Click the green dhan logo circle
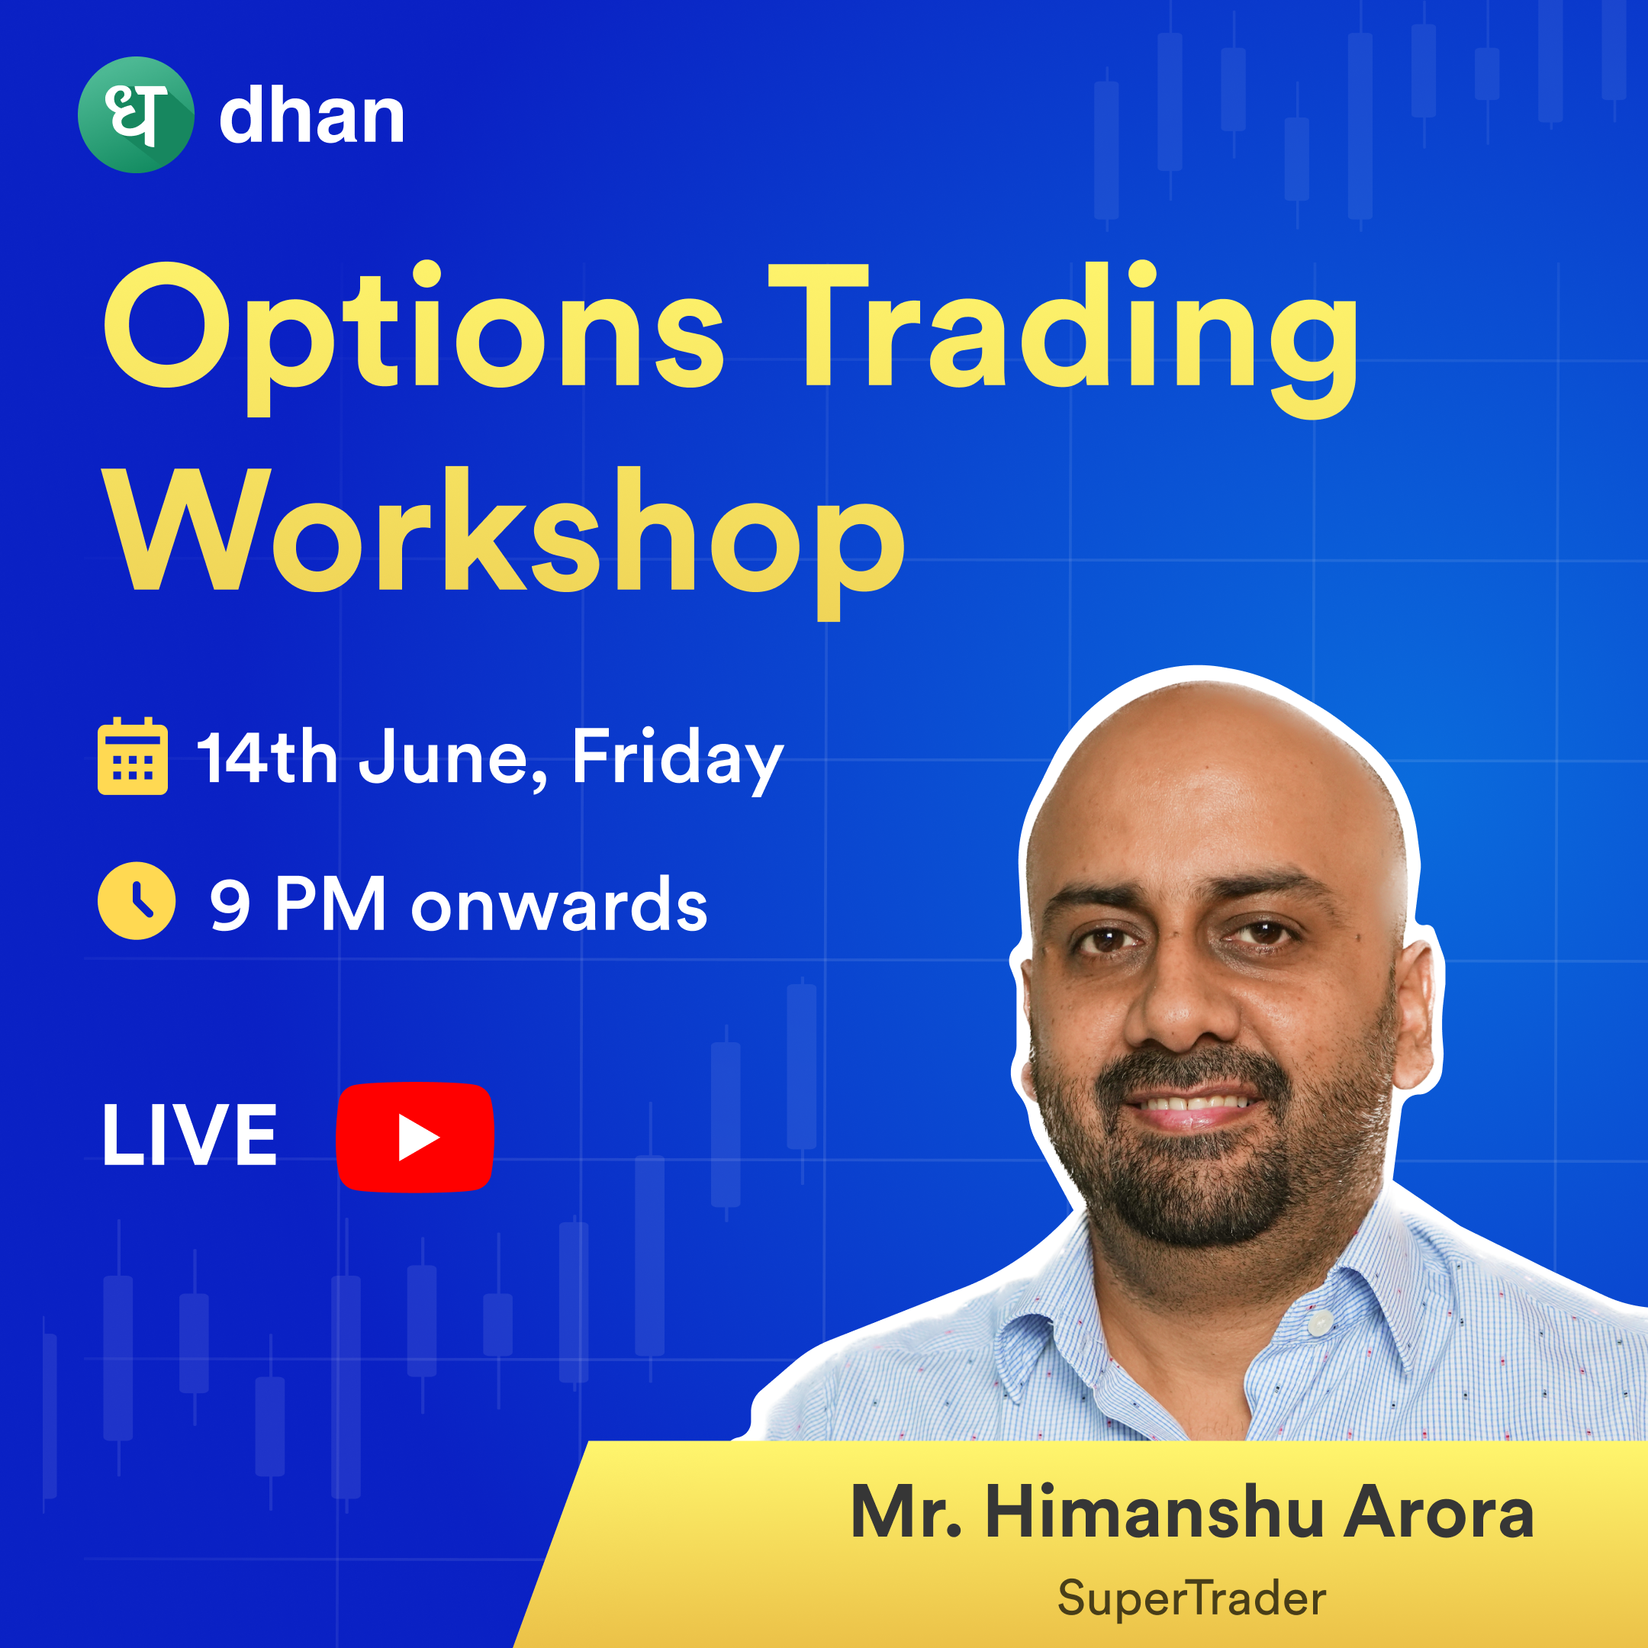(136, 115)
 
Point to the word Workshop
(504, 542)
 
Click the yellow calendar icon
(132, 756)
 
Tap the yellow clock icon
(137, 901)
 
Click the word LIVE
(189, 1135)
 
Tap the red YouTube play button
(415, 1136)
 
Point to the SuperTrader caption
(1192, 1598)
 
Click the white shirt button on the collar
(1321, 1324)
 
